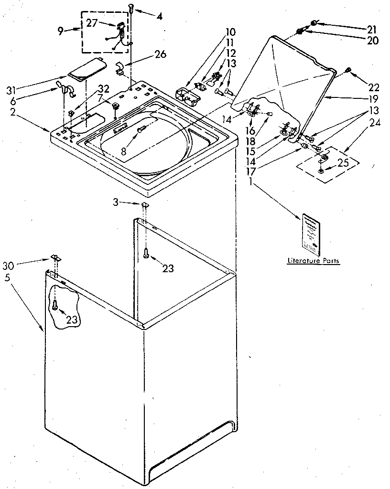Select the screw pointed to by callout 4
[x=130, y=8]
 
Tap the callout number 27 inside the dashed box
[x=93, y=22]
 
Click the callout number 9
[x=60, y=32]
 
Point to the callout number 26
[x=160, y=54]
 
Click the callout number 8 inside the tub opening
[x=123, y=151]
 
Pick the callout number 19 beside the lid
[x=373, y=99]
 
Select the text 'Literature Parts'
[x=313, y=261]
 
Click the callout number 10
[x=230, y=32]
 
